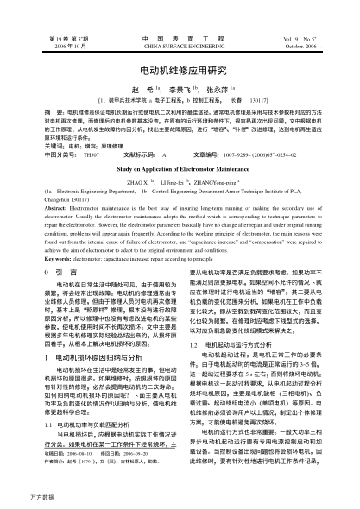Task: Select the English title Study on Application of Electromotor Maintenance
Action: (x=180, y=171)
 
